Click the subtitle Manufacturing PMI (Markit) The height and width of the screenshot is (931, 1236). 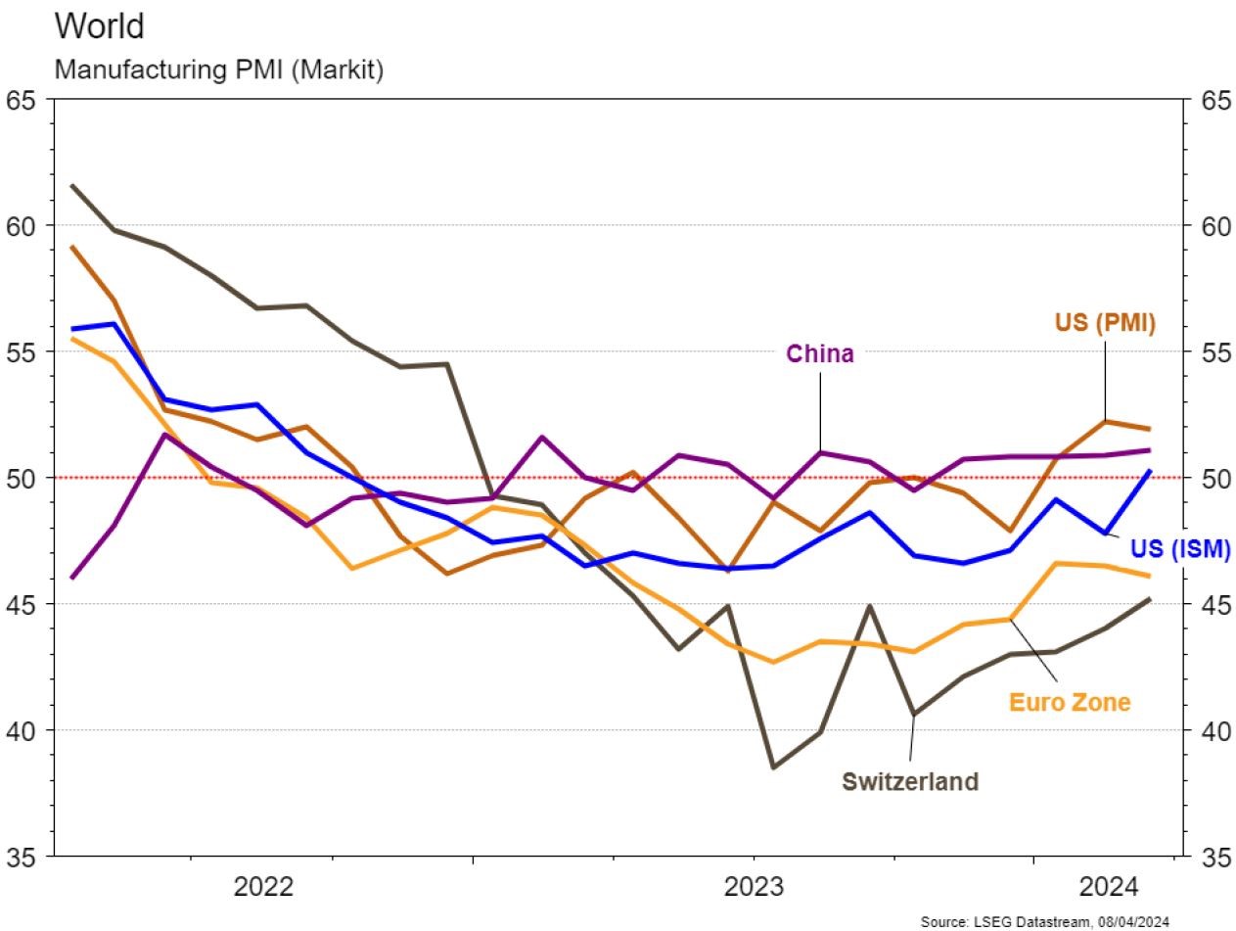pyautogui.click(x=218, y=71)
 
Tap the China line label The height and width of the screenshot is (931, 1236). pyautogui.click(x=819, y=353)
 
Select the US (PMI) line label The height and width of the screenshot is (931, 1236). pyautogui.click(x=1105, y=322)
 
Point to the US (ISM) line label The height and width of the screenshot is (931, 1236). pyautogui.click(x=1179, y=550)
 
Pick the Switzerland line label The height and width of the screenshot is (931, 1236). pyautogui.click(x=909, y=781)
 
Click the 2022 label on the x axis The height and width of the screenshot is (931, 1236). pyautogui.click(x=263, y=887)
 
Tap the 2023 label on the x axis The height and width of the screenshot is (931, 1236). pyautogui.click(x=754, y=887)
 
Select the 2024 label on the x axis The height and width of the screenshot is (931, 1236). pyautogui.click(x=1109, y=887)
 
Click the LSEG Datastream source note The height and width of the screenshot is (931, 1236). pyautogui.click(x=1044, y=921)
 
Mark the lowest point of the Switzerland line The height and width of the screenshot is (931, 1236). pyautogui.click(x=773, y=768)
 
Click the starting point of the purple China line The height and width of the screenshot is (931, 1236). pyautogui.click(x=72, y=578)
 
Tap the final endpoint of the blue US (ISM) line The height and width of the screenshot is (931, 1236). pyautogui.click(x=1149, y=471)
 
